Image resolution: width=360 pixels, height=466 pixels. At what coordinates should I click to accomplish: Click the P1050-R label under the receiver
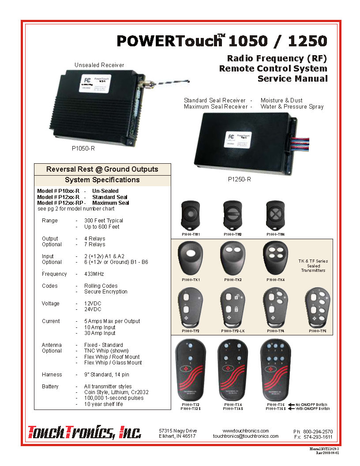[83, 149]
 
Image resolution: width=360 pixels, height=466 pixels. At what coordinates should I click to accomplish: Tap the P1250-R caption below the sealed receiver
[239, 180]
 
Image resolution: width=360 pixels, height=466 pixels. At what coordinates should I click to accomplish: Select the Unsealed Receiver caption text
[99, 65]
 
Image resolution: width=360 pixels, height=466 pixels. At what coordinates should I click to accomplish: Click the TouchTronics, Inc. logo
[85, 432]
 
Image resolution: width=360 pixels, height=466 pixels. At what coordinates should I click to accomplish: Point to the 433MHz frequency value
[94, 274]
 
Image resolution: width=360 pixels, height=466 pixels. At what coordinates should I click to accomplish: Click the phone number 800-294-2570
[317, 431]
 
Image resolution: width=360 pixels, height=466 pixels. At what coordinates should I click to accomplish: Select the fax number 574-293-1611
[317, 437]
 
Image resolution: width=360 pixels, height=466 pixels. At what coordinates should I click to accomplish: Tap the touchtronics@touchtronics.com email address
[246, 436]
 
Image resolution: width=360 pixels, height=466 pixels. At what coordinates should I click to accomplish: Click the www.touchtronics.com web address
[246, 430]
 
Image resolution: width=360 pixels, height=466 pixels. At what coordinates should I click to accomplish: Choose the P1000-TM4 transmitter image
[275, 215]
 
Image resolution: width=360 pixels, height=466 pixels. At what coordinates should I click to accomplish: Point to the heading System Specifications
[102, 180]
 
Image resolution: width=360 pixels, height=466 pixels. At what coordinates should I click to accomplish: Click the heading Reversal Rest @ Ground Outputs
[102, 169]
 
